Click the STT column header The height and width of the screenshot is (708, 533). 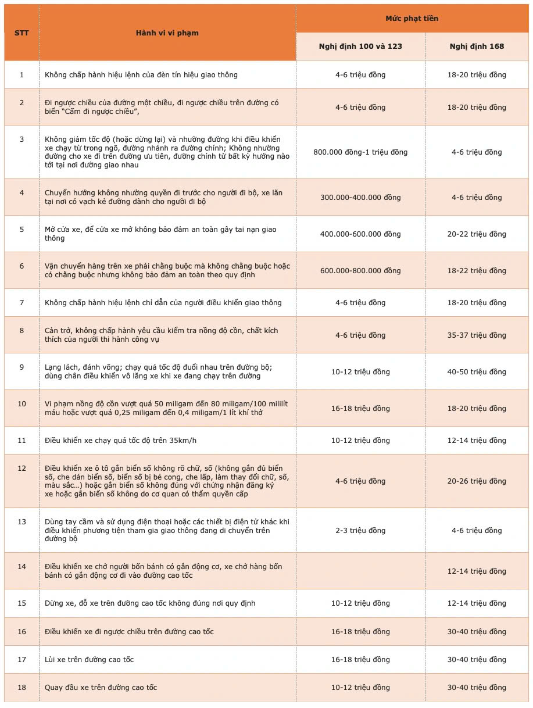coord(22,33)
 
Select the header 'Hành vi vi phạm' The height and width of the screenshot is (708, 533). coord(167,33)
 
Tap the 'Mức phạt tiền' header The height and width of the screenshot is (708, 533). coord(412,19)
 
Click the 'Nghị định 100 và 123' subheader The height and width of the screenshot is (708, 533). coord(360,47)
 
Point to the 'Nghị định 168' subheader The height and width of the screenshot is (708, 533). coord(477,47)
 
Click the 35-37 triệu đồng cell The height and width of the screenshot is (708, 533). coord(477,335)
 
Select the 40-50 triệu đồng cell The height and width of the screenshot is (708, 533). coord(477,371)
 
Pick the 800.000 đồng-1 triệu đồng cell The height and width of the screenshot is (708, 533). coord(360,152)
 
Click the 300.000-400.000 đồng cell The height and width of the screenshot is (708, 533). coord(360,198)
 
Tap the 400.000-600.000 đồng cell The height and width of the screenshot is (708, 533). coord(360,234)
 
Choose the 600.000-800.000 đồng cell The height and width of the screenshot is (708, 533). coord(360,271)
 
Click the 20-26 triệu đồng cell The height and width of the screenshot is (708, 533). coord(477,481)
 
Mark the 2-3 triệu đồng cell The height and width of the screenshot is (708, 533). coord(360,531)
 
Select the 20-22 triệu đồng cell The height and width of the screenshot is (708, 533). coord(477,234)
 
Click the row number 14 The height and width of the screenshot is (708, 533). coord(22,567)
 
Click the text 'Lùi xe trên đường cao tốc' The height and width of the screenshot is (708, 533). coord(90,660)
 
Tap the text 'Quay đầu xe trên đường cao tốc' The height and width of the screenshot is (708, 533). coord(101,688)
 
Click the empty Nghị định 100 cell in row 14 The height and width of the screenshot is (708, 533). coord(360,571)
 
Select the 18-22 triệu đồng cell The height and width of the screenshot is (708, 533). coord(477,271)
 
